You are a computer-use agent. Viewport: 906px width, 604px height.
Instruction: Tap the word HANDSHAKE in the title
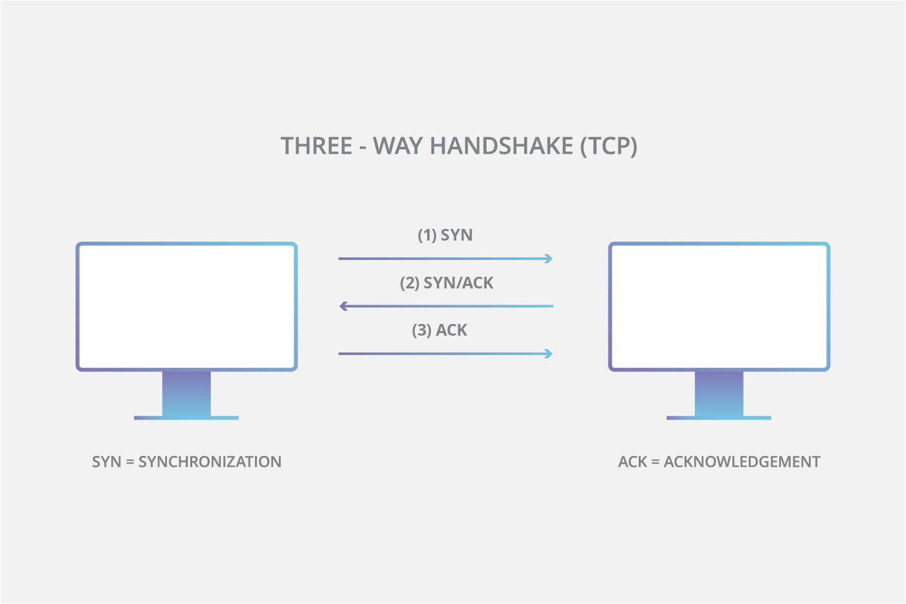(502, 146)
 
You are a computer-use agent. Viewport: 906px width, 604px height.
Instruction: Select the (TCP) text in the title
(608, 146)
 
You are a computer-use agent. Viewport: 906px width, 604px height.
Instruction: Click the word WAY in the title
(397, 146)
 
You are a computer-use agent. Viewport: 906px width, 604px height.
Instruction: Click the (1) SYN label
(445, 235)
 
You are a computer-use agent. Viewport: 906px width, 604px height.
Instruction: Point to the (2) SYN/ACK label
(447, 283)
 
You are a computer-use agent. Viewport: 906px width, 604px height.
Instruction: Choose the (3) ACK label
(439, 330)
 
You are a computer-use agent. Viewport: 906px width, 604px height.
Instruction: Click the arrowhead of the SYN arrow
(549, 259)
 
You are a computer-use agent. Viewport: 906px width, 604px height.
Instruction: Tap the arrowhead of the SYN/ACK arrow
(344, 306)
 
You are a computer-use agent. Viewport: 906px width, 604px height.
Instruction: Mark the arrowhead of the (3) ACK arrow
(549, 354)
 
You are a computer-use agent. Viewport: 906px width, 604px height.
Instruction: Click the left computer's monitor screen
(186, 307)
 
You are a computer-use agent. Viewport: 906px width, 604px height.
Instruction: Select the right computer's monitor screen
(719, 307)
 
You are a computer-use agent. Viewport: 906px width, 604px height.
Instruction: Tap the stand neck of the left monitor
(186, 393)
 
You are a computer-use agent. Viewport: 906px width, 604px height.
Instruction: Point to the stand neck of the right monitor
(719, 393)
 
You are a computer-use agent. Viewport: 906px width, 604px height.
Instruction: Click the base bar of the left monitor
(186, 418)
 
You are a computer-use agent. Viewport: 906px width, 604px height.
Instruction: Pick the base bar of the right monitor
(719, 418)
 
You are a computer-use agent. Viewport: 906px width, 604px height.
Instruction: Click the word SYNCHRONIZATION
(210, 462)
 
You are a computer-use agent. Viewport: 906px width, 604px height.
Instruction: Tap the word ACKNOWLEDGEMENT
(742, 462)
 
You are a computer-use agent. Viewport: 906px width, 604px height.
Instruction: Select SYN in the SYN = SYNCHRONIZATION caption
(107, 462)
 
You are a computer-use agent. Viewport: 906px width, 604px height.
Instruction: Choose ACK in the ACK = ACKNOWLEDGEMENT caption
(632, 462)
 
